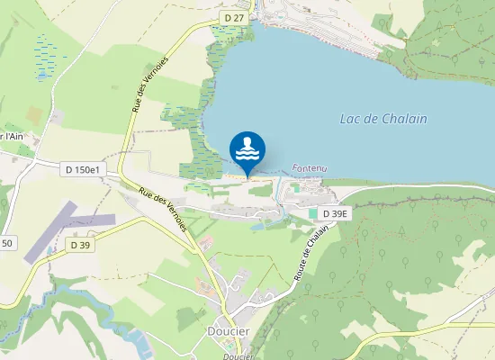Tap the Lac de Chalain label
[x=383, y=119]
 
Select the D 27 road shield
[x=234, y=17]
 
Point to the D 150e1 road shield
[x=84, y=169]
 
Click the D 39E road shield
[x=334, y=213]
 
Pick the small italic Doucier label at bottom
[x=236, y=355]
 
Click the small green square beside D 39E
[x=313, y=213]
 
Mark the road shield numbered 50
[x=7, y=243]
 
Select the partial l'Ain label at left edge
[x=11, y=136]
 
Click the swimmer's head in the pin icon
[x=247, y=141]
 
